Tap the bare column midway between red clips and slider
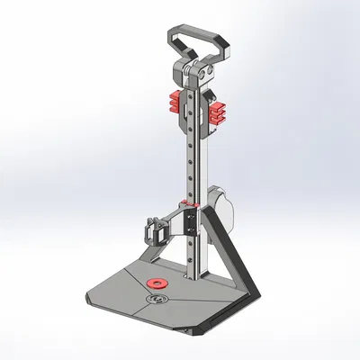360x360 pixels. pyautogui.click(x=193, y=157)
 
